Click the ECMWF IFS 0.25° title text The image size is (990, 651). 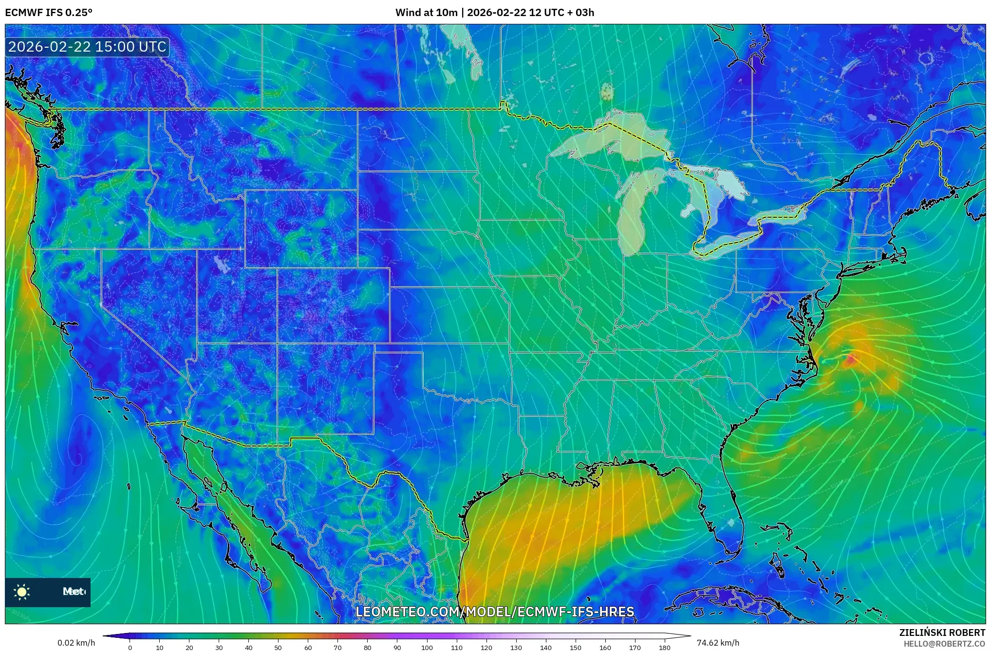(48, 13)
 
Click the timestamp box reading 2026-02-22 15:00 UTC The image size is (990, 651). (87, 47)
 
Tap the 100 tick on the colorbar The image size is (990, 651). (427, 647)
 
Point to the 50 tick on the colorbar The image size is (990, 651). (278, 647)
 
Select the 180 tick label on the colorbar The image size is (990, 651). (665, 647)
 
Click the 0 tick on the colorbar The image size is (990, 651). (130, 647)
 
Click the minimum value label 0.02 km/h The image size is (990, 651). (76, 643)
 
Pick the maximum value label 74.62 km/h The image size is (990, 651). (718, 643)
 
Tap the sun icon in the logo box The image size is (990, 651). (22, 592)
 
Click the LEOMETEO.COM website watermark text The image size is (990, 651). (495, 612)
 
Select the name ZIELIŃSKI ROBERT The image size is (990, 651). (942, 632)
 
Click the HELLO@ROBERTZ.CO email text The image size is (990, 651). (944, 644)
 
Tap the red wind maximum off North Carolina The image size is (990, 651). (851, 360)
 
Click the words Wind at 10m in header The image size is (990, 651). (426, 13)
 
